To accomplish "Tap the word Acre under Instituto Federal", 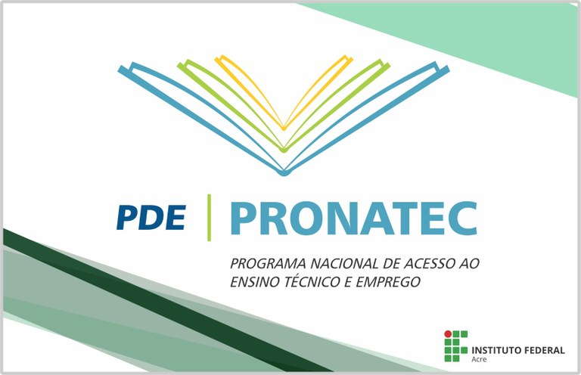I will [479, 361].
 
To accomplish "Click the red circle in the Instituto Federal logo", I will [448, 333].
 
